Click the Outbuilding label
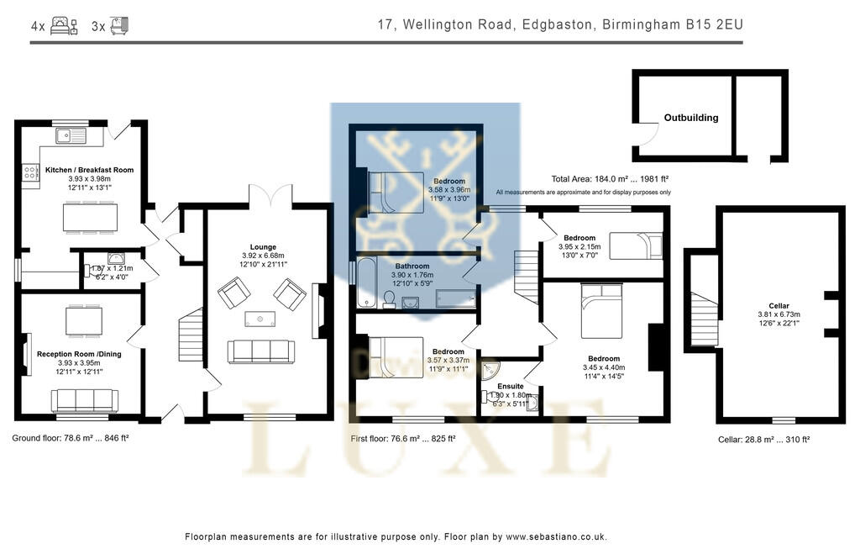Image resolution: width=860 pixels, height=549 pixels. pyautogui.click(x=690, y=118)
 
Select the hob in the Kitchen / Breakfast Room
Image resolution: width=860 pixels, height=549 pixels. pyautogui.click(x=29, y=172)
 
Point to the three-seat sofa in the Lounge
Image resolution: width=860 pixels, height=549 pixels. pyautogui.click(x=261, y=351)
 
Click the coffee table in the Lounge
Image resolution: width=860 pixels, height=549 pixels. pyautogui.click(x=260, y=318)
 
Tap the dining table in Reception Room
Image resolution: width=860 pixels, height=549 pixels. pyautogui.click(x=84, y=320)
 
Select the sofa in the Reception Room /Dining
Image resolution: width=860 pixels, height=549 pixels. pyautogui.click(x=84, y=400)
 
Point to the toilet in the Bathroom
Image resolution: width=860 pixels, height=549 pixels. pyautogui.click(x=390, y=300)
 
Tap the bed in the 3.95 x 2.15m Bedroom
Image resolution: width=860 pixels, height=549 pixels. pyautogui.click(x=636, y=246)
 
